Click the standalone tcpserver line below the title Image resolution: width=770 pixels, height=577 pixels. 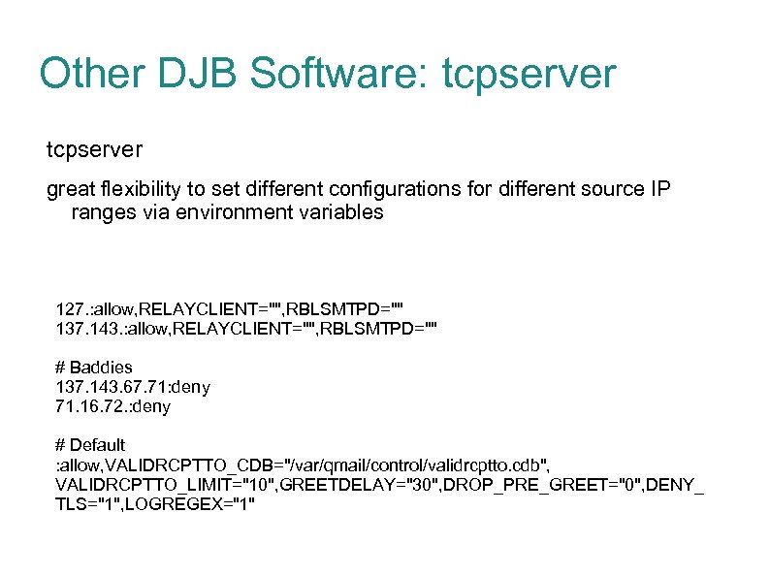(x=95, y=150)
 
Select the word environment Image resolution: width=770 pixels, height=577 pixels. (x=220, y=212)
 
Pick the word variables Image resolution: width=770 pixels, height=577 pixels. (x=336, y=212)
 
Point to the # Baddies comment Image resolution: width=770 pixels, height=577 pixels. (x=94, y=368)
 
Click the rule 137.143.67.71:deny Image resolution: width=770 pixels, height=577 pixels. (x=133, y=387)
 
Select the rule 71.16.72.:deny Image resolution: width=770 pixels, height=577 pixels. (x=113, y=406)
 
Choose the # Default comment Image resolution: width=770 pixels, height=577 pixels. (x=90, y=445)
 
